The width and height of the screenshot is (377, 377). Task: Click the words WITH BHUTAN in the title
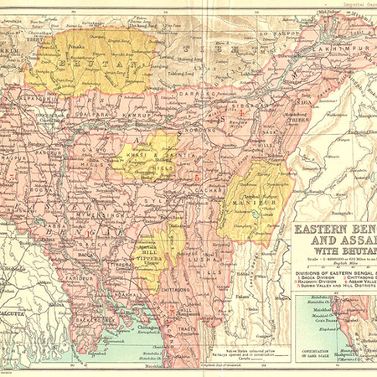[335, 249]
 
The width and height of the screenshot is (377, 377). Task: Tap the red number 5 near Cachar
[197, 178]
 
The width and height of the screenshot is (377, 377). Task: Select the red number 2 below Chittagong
[171, 308]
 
